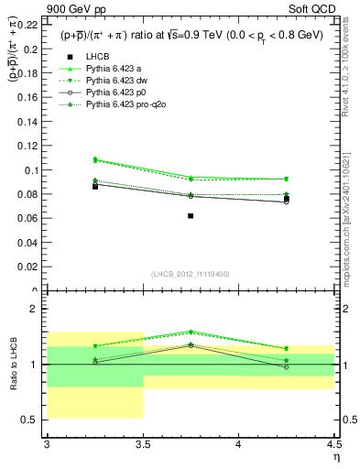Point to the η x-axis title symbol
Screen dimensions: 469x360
coord(336,456)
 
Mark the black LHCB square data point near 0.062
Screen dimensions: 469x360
coord(191,216)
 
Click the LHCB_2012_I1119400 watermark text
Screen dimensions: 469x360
coord(191,274)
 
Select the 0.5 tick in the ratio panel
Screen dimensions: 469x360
coord(33,420)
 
